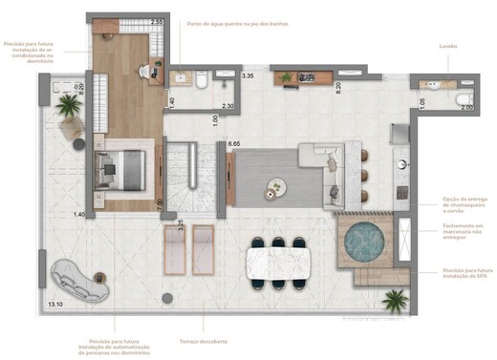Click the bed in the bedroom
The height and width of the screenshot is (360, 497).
point(123,170)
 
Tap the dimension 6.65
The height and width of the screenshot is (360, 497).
point(233,143)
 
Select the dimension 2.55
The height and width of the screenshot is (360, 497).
point(157,22)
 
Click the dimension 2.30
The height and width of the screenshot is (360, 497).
point(227,106)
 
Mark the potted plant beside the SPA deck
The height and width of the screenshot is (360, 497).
point(392,302)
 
